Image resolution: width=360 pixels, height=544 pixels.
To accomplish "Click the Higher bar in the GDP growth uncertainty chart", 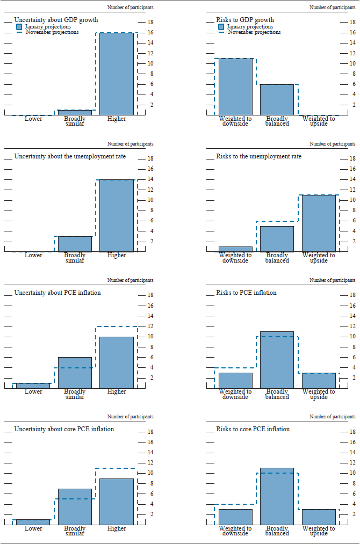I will click(117, 74).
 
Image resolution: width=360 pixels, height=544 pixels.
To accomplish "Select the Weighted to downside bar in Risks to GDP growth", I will click(235, 86).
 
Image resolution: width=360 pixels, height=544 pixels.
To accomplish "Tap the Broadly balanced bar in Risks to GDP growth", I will click(277, 99).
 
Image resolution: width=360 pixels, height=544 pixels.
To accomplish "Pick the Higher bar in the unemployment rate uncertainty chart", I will click(117, 215).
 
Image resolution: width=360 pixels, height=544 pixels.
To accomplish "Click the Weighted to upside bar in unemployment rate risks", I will click(319, 223).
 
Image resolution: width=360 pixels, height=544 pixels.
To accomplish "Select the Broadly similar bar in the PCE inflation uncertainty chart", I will click(75, 373).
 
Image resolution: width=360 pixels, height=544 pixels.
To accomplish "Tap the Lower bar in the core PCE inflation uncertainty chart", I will click(33, 522).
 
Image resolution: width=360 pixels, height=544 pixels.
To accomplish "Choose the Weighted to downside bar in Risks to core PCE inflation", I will click(235, 517).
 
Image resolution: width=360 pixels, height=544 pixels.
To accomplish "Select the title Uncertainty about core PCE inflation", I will click(64, 429).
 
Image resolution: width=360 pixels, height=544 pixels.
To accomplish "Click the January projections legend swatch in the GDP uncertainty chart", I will click(19, 26).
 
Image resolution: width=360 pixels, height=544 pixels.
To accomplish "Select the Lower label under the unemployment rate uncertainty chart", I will click(33, 255).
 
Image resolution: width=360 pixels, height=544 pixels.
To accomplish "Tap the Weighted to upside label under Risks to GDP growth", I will click(319, 121).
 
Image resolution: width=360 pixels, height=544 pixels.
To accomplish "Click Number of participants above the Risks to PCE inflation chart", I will click(332, 280).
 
